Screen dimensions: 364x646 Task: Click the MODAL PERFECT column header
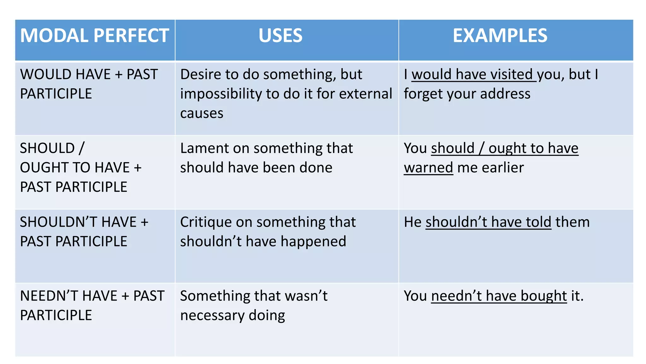(95, 35)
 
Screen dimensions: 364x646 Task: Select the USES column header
(280, 35)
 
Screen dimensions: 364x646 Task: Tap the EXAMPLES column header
(500, 35)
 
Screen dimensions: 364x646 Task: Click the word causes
(202, 113)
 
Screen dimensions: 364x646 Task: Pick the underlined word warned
(428, 168)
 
